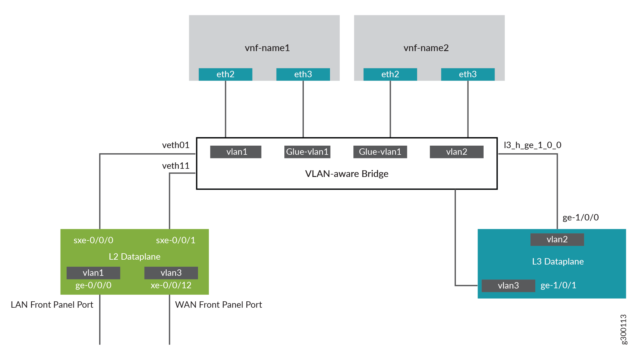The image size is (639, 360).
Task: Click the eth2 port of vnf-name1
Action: [225, 74]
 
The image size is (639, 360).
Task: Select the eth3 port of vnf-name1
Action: [303, 74]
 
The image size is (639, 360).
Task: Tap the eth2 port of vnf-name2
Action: [390, 74]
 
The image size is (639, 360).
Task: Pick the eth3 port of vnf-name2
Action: [467, 74]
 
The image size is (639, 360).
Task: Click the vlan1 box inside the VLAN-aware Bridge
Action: [236, 152]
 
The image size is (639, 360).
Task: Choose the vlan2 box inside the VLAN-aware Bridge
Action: [456, 152]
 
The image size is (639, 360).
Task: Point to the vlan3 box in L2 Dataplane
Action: [171, 273]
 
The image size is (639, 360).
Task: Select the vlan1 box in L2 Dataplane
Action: [93, 273]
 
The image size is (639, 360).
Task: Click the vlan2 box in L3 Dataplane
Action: [557, 239]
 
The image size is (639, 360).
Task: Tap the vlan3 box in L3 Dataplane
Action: [508, 286]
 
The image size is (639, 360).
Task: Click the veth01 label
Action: [175, 145]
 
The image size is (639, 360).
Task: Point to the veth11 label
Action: [175, 166]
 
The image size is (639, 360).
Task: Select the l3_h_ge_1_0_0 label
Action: [532, 145]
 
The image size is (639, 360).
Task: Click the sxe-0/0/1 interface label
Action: [175, 240]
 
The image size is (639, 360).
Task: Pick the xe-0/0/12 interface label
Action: [171, 285]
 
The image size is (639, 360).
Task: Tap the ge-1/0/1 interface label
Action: [558, 285]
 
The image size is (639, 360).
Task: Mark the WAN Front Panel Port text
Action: [218, 305]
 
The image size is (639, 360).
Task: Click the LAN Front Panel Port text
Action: [52, 305]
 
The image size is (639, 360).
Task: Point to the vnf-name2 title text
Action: [426, 48]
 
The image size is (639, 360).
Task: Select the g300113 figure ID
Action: [623, 329]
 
